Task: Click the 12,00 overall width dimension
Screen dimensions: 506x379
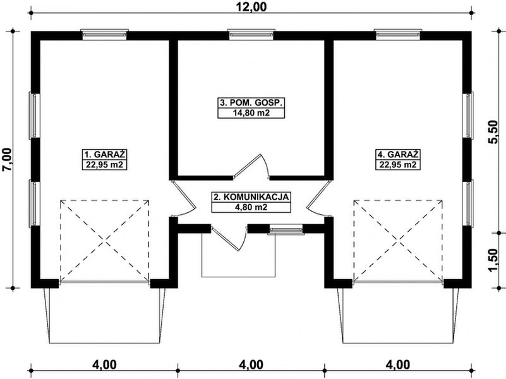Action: [x=251, y=6]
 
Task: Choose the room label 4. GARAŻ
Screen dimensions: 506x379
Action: [x=398, y=154]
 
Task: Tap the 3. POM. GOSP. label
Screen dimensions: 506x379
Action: [x=251, y=103]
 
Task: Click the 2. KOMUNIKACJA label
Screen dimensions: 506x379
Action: [x=251, y=196]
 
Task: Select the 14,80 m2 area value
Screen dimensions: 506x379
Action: [x=251, y=113]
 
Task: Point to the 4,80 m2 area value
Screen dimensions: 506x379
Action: [x=251, y=207]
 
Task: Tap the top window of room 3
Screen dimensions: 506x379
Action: [x=251, y=34]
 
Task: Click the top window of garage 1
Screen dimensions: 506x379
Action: [x=104, y=34]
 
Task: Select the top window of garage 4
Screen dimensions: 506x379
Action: [x=398, y=34]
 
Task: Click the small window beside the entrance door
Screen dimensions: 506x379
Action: [x=286, y=229]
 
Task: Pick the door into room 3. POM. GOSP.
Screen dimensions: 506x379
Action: [x=251, y=166]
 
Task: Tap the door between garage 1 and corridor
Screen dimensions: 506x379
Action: [x=183, y=198]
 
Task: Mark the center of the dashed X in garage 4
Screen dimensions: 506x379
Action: [x=398, y=240]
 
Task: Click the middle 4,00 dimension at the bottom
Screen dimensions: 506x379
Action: [x=251, y=365]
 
